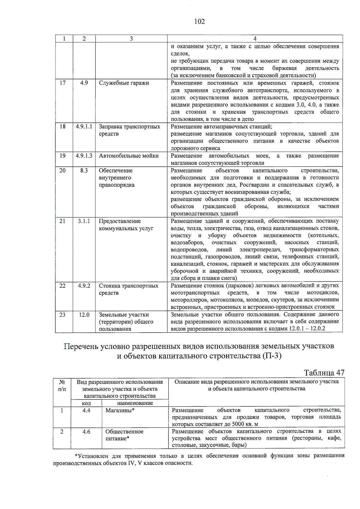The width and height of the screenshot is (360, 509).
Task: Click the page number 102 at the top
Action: pos(199,21)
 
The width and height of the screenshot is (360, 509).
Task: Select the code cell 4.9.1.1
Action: pos(84,127)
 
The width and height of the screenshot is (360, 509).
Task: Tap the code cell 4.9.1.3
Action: pos(84,156)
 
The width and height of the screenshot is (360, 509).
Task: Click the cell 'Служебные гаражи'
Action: pos(124,83)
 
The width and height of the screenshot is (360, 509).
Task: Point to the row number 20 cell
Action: pos(62,170)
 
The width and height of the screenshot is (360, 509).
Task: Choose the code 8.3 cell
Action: pos(84,170)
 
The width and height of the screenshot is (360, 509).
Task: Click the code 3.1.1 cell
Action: pos(84,221)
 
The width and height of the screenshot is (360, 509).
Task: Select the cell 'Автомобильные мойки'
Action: pos(129,156)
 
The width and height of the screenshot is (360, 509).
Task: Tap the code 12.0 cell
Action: pos(84,315)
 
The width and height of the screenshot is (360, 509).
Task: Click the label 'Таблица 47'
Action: pos(324,373)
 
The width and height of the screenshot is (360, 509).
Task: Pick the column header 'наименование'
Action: pos(135,403)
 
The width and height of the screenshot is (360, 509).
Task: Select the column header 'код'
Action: pos(86,403)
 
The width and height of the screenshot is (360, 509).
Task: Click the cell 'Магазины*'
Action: pos(120,410)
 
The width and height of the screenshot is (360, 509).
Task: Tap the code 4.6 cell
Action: pos(86,432)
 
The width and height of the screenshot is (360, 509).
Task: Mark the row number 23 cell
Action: pos(62,315)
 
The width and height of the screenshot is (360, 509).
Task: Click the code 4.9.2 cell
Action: pos(84,286)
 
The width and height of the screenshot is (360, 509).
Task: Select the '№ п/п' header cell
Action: pos(62,385)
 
